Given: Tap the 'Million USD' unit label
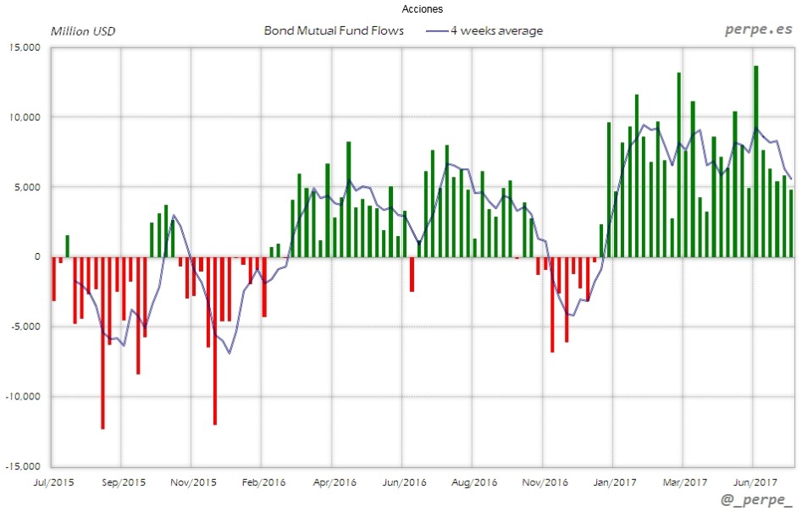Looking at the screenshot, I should point(83,31).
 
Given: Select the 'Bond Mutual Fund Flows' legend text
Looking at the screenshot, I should point(334,31).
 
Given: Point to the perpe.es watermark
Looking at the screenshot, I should point(757,30).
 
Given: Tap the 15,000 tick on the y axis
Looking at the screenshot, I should point(25,47).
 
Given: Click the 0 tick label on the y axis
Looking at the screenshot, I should point(36,256).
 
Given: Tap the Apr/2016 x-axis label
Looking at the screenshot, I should point(335,482).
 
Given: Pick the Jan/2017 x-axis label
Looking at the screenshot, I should point(614,482).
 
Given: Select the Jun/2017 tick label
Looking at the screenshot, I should point(754,482).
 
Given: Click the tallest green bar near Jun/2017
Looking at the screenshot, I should point(755,161).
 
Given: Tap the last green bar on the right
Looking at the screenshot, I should point(791,223).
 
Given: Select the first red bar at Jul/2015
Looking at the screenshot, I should point(53,278).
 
